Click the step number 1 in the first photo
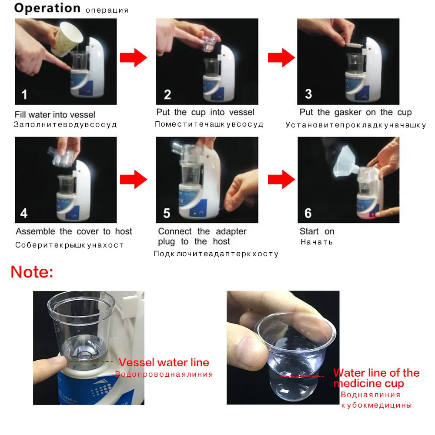point(24,94)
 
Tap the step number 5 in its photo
point(167,213)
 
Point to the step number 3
point(308,94)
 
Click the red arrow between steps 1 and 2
point(134,58)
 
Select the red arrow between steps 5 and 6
point(281,180)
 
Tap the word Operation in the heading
point(47,8)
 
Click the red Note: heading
point(32,271)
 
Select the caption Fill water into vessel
point(55,114)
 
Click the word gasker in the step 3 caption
point(348,112)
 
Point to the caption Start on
point(317,231)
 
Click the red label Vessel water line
point(164,362)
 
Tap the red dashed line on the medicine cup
point(302,376)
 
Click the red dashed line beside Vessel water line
point(91,361)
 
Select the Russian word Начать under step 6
point(317,242)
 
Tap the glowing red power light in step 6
point(373,215)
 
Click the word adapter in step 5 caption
point(231,231)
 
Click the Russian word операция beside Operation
point(107,10)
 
